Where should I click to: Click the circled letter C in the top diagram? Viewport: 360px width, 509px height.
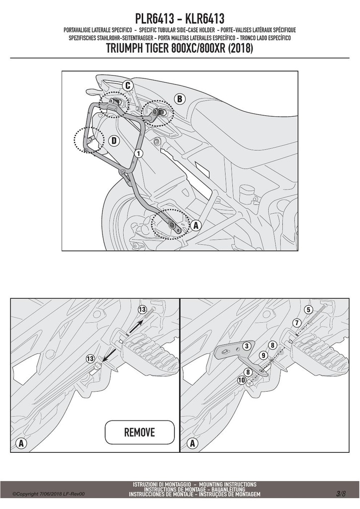128,85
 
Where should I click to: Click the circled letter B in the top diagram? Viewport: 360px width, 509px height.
180,99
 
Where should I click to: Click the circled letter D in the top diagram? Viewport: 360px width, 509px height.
114,141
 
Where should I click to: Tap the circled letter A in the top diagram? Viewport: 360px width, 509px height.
195,225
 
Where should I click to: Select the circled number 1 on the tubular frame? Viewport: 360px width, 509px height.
138,153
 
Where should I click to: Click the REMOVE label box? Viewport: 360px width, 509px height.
140,432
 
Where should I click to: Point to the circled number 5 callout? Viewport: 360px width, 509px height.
308,310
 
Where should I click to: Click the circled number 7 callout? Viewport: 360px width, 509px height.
297,323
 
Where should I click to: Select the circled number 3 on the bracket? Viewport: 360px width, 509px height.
247,346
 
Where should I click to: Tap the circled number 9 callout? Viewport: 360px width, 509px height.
263,356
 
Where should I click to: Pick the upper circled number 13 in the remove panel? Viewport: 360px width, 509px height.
142,309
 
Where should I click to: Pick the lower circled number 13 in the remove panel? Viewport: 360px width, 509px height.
90,359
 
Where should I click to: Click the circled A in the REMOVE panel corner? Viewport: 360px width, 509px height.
21,443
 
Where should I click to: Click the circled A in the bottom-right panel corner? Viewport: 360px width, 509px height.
192,443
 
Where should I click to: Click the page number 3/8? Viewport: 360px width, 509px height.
341,494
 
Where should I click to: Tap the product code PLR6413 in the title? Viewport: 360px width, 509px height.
155,19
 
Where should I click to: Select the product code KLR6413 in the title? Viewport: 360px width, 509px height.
204,19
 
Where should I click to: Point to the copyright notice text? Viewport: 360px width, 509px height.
49,494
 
